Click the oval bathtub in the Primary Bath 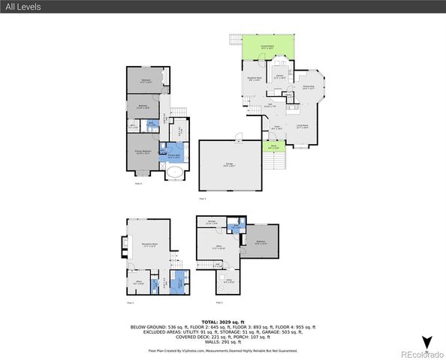click(175, 175)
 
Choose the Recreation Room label click(148, 246)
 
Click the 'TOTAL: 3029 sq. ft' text click(223, 320)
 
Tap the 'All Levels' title click(24, 7)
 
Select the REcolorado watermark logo click(421, 354)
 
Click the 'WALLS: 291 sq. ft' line click(223, 343)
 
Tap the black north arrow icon click(426, 342)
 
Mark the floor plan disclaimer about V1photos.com click(223, 350)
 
